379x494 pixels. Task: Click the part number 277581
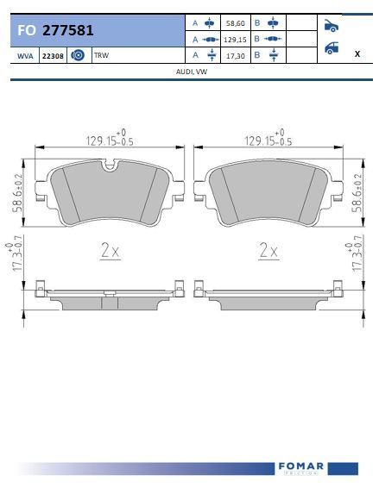[x=68, y=30]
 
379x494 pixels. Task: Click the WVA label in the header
[x=25, y=56]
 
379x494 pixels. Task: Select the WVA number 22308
[x=53, y=56]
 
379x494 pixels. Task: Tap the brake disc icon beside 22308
[x=78, y=55]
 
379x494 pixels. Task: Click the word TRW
[x=101, y=55]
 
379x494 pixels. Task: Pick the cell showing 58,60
[x=236, y=23]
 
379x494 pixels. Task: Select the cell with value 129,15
[x=235, y=40]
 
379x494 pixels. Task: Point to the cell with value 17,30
[x=236, y=56]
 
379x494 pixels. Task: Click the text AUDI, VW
[x=192, y=72]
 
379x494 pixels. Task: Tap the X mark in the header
[x=357, y=53]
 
